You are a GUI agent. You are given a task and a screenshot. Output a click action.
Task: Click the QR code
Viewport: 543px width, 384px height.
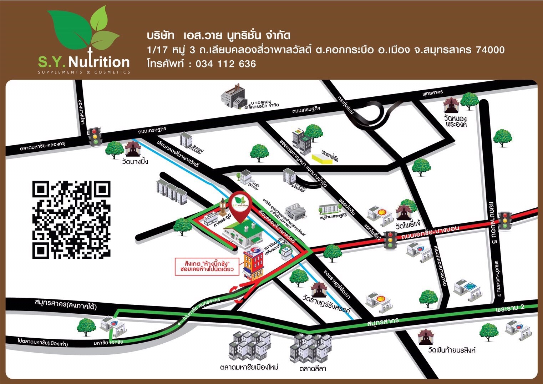point(71,219)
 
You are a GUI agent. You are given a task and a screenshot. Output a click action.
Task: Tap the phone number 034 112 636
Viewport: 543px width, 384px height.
point(225,64)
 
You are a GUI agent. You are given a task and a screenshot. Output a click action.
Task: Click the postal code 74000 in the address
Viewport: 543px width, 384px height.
point(490,50)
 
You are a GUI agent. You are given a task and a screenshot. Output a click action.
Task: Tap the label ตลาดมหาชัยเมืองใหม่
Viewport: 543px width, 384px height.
point(249,367)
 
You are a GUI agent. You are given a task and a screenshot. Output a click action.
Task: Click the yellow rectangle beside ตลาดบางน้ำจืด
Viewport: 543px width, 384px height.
point(322,160)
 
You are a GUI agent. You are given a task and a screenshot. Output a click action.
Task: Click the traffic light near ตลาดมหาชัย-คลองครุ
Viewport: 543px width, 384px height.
point(95,136)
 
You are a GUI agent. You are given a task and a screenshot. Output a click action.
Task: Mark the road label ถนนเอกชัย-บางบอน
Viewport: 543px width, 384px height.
point(430,233)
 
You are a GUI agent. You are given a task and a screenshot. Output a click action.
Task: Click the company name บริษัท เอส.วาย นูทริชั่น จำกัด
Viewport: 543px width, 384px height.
point(218,36)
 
